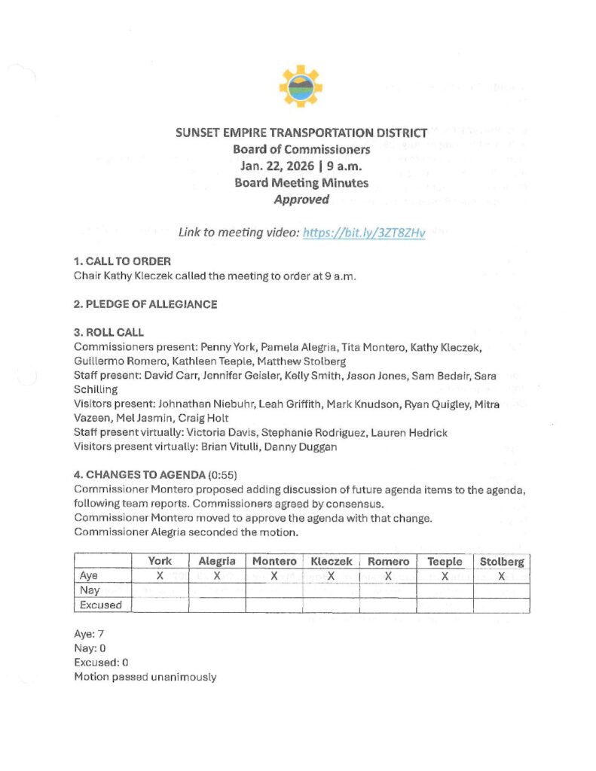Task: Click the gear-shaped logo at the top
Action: [301, 86]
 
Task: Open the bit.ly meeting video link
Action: [364, 233]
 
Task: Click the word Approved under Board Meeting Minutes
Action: [301, 200]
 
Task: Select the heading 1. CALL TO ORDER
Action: [122, 261]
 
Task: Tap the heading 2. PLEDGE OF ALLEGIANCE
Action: [145, 304]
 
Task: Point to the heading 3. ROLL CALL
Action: [109, 332]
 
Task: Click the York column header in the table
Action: [160, 561]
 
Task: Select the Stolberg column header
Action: [502, 561]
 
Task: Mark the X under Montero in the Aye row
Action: [274, 576]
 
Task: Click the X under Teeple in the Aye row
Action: [445, 576]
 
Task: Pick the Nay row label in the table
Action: [90, 590]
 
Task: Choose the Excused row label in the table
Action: [100, 605]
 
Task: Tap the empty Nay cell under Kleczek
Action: [331, 590]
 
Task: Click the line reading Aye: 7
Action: [90, 634]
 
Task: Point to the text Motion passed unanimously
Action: [145, 677]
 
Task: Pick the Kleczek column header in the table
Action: [331, 561]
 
